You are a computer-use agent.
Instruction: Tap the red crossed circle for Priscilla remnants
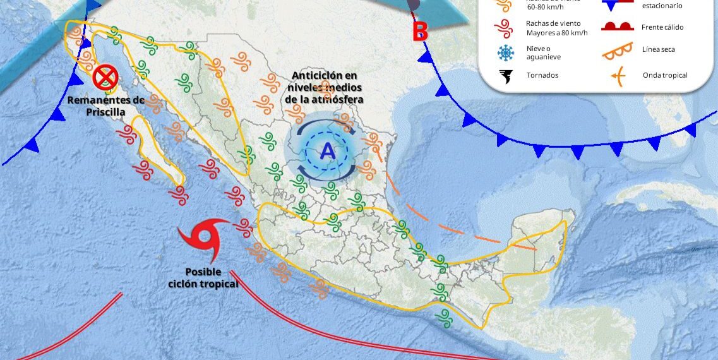(105, 78)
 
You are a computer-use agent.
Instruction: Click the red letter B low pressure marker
(420, 32)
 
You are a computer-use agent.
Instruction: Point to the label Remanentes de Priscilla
(106, 105)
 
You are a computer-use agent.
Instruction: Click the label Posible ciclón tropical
(203, 278)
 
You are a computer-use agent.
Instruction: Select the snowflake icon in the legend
(506, 52)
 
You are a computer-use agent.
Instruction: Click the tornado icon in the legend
(506, 76)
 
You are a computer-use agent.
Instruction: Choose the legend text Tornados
(542, 75)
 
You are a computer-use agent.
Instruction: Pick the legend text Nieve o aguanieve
(544, 52)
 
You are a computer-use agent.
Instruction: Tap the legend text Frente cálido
(662, 27)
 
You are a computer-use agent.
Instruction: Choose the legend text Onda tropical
(665, 75)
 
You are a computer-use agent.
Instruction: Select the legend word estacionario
(662, 6)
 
